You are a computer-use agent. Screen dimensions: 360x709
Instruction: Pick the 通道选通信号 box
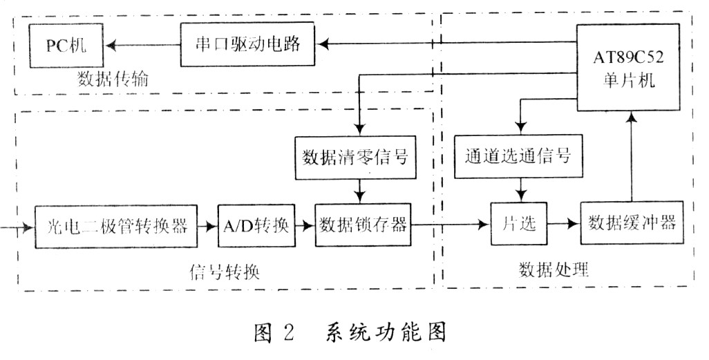pyautogui.click(x=519, y=156)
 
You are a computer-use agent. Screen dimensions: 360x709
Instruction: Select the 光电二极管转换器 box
pyautogui.click(x=115, y=225)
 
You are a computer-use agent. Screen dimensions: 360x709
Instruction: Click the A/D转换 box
pyautogui.click(x=255, y=225)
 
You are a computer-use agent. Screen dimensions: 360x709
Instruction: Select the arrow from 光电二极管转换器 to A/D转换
pyautogui.click(x=207, y=225)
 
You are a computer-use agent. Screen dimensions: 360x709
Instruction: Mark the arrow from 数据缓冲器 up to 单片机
pyautogui.click(x=631, y=159)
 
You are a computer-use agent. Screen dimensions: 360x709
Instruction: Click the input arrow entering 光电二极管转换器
pyautogui.click(x=17, y=226)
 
